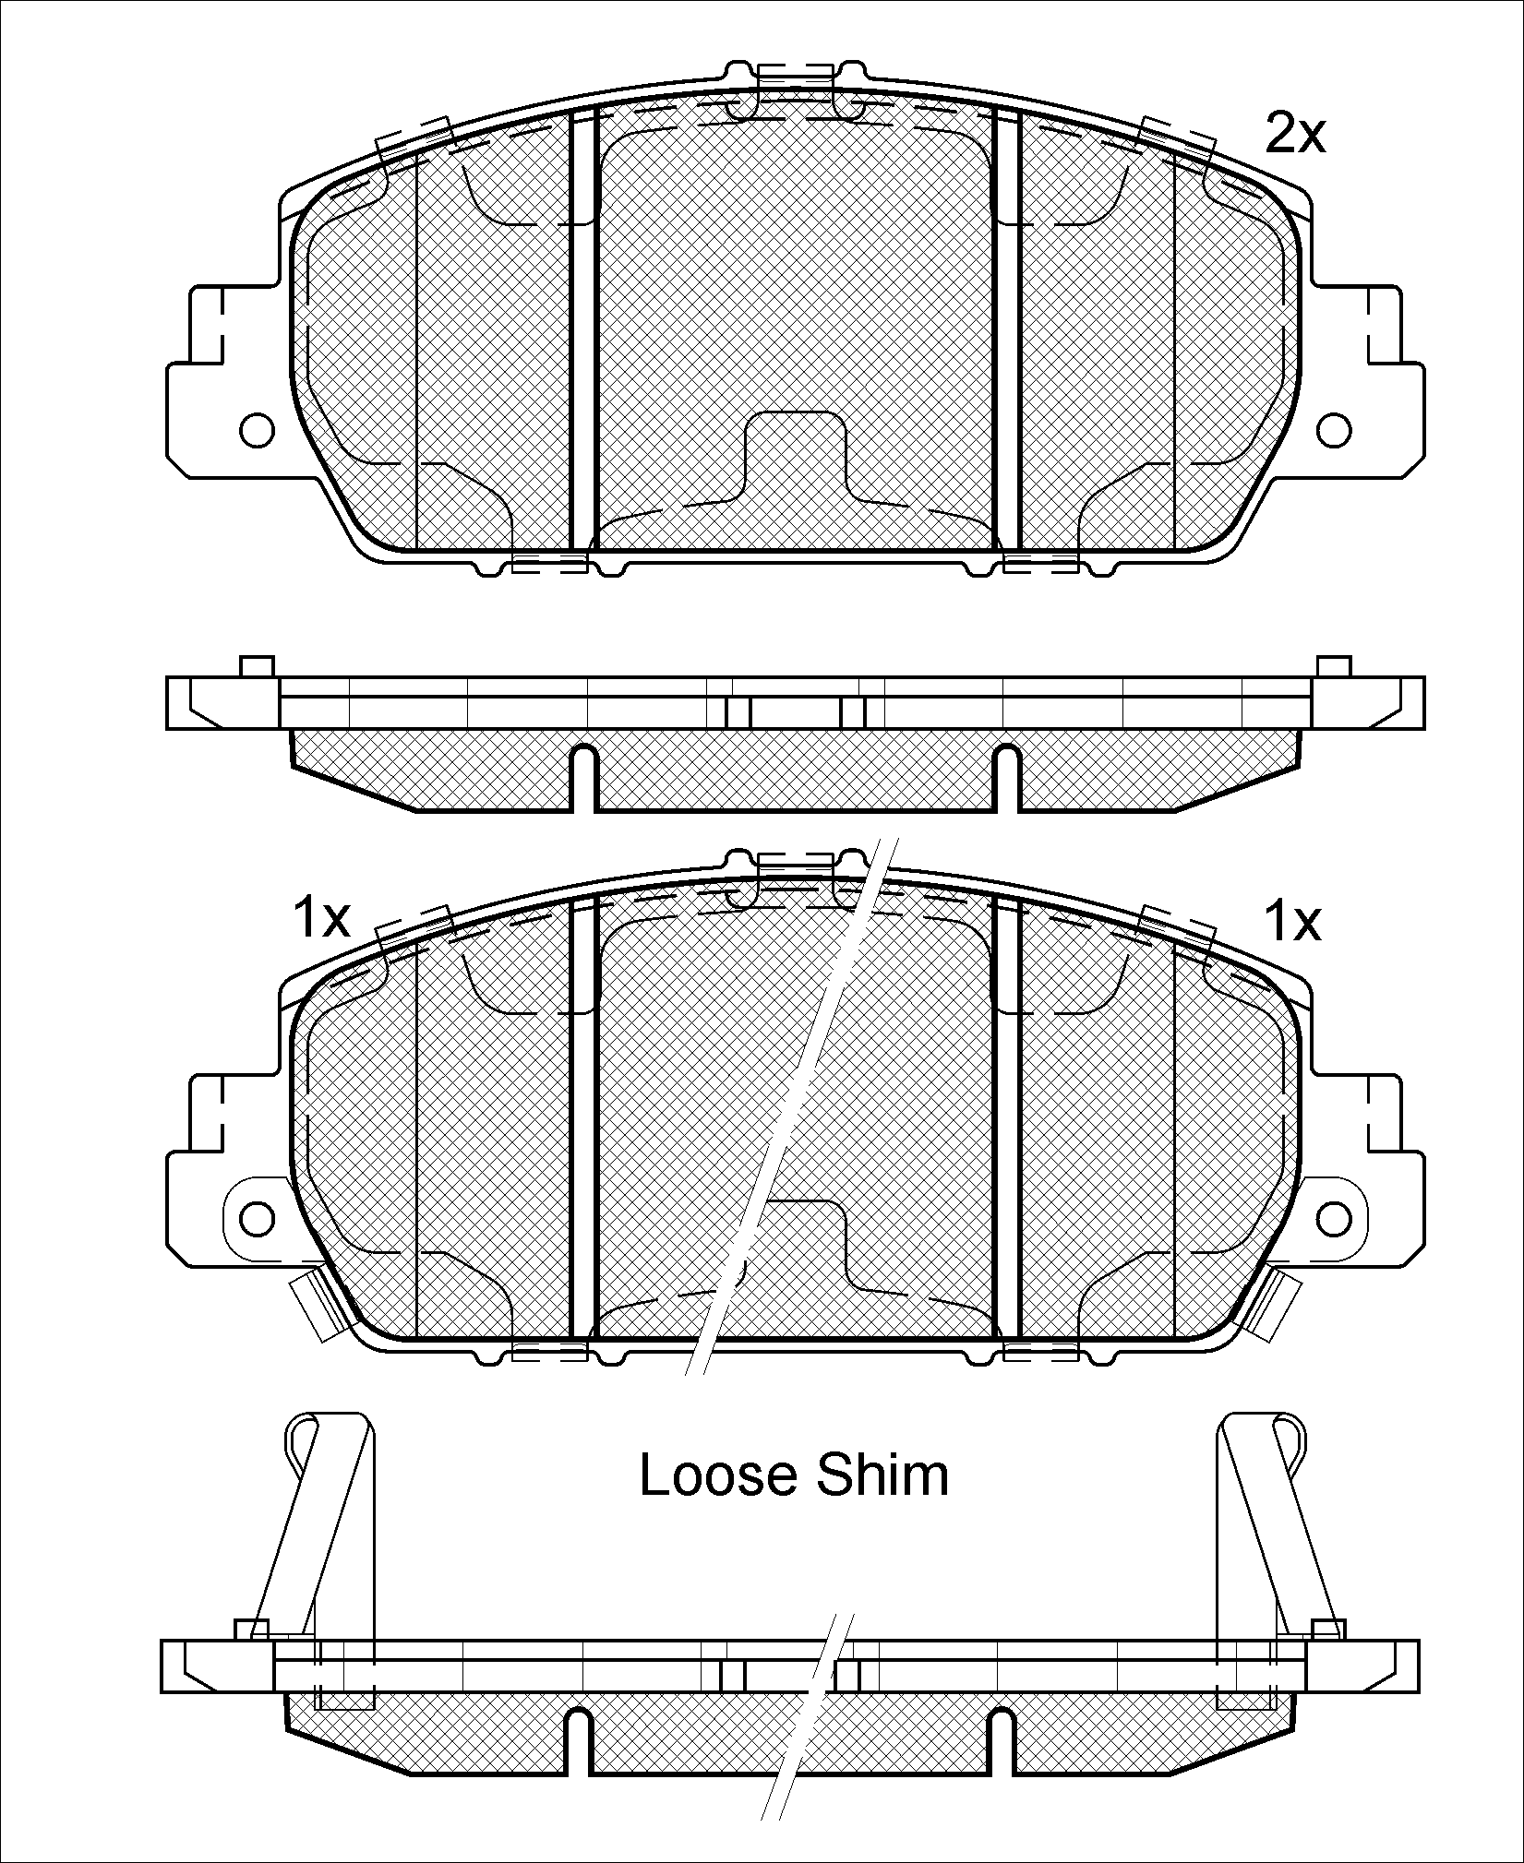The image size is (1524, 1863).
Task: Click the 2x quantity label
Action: coord(1294,135)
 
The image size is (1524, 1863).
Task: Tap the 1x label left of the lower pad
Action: coord(320,919)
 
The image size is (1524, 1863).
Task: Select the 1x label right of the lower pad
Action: coord(1292,922)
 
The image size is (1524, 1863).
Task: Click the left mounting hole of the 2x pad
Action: coord(257,429)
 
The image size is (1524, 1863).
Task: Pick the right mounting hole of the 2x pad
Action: coord(1334,429)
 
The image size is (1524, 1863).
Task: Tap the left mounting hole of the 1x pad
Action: coord(257,1218)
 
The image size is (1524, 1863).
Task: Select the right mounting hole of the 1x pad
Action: coord(1334,1218)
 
